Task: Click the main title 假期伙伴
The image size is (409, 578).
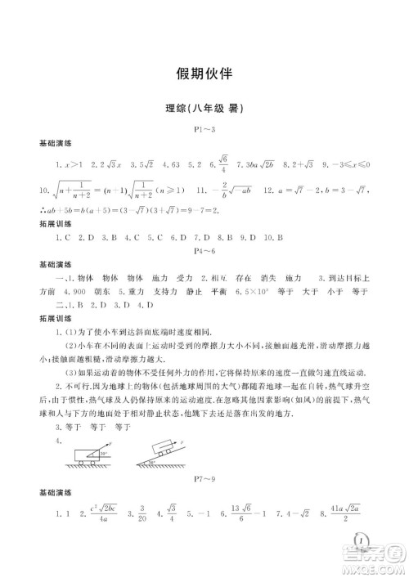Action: point(204,73)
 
